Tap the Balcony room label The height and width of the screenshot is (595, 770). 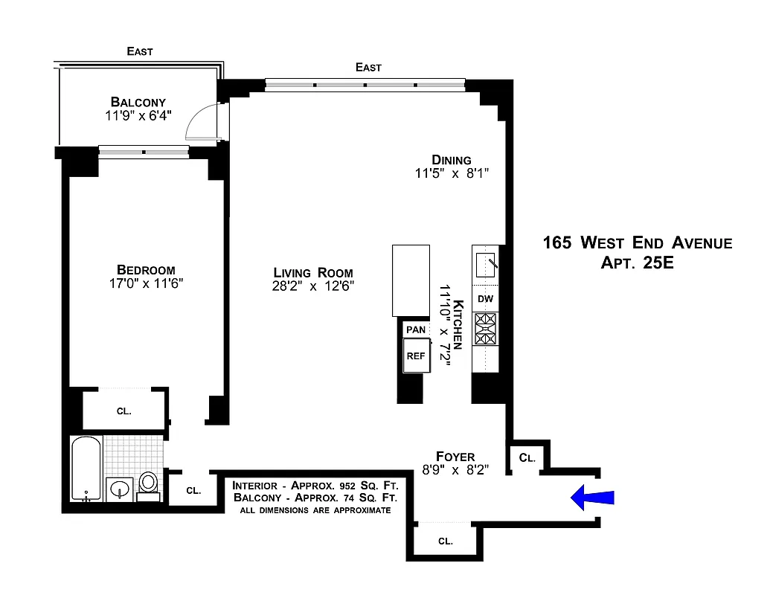(x=138, y=102)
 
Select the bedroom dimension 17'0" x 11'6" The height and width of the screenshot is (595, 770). (x=145, y=283)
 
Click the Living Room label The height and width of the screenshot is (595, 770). (x=312, y=272)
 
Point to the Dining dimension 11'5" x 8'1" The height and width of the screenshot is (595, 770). (x=452, y=174)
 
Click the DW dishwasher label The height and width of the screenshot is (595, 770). (x=485, y=299)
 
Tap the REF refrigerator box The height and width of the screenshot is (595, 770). (x=415, y=356)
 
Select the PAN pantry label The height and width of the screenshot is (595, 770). (x=414, y=329)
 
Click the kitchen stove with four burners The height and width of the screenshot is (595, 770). (x=485, y=329)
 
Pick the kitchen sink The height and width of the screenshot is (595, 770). (x=485, y=264)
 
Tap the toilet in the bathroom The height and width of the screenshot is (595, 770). (x=149, y=484)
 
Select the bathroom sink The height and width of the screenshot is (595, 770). (x=119, y=490)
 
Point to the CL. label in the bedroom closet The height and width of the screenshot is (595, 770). (x=124, y=411)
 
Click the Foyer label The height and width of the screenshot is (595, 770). (x=455, y=456)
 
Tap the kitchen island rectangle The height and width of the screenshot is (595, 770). (x=411, y=280)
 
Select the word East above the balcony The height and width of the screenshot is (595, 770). (x=140, y=51)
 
